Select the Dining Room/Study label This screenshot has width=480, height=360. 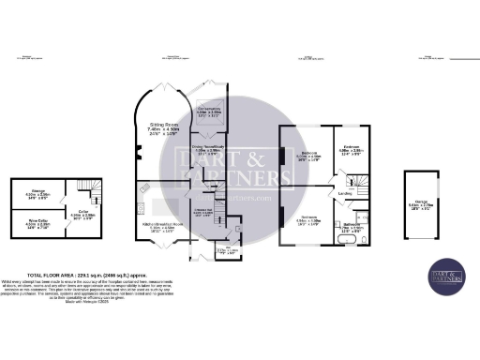click(x=208, y=150)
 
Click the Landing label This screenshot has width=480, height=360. click(x=344, y=196)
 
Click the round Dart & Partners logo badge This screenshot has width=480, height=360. click(x=447, y=275)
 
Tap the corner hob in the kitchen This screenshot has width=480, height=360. click(x=142, y=187)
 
